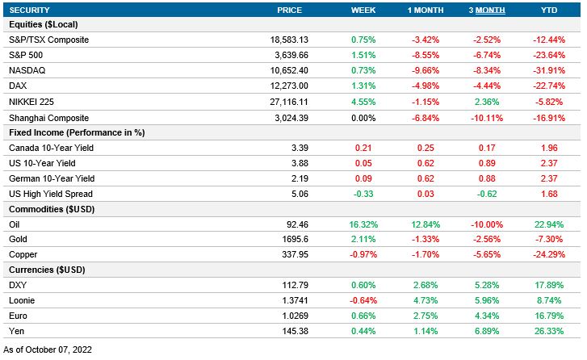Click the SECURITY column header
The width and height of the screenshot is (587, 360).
point(29,10)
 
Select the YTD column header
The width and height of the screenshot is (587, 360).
point(547,10)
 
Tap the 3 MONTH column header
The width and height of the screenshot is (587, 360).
point(488,10)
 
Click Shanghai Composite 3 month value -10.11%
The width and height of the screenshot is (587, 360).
point(487,117)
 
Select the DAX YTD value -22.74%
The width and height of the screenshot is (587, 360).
point(547,86)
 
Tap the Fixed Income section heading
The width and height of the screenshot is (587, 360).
point(69,132)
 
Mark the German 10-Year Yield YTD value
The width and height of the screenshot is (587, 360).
point(547,178)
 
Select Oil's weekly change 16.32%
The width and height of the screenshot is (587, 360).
point(363,224)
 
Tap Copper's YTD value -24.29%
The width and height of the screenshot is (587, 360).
point(547,254)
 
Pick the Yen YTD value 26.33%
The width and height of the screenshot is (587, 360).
point(547,331)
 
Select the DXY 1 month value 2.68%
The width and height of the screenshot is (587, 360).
point(426,285)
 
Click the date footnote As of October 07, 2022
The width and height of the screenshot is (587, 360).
point(49,350)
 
